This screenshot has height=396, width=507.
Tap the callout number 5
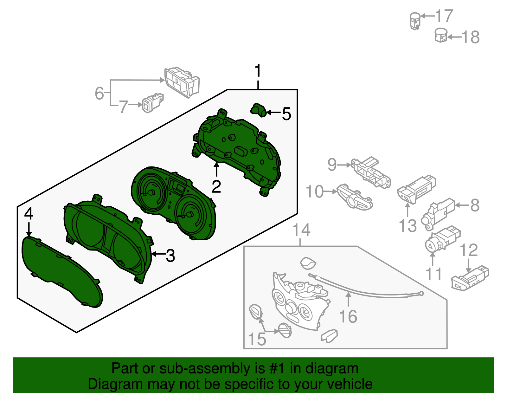pyautogui.click(x=286, y=114)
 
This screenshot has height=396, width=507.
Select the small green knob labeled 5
pyautogui.click(x=258, y=110)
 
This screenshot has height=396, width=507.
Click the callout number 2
pyautogui.click(x=216, y=187)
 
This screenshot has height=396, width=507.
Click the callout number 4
pyautogui.click(x=29, y=214)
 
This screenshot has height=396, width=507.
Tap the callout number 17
pyautogui.click(x=444, y=16)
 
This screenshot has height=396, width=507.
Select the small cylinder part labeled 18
pyautogui.click(x=441, y=36)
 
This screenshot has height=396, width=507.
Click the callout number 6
pyautogui.click(x=99, y=93)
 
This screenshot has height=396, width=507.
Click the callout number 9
pyautogui.click(x=332, y=165)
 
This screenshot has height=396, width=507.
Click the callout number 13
pyautogui.click(x=408, y=226)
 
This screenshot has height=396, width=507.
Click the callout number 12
pyautogui.click(x=469, y=250)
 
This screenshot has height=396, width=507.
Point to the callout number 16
pyautogui.click(x=348, y=316)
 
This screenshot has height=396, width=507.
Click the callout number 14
pyautogui.click(x=301, y=230)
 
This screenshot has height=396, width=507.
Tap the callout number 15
pyautogui.click(x=257, y=339)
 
